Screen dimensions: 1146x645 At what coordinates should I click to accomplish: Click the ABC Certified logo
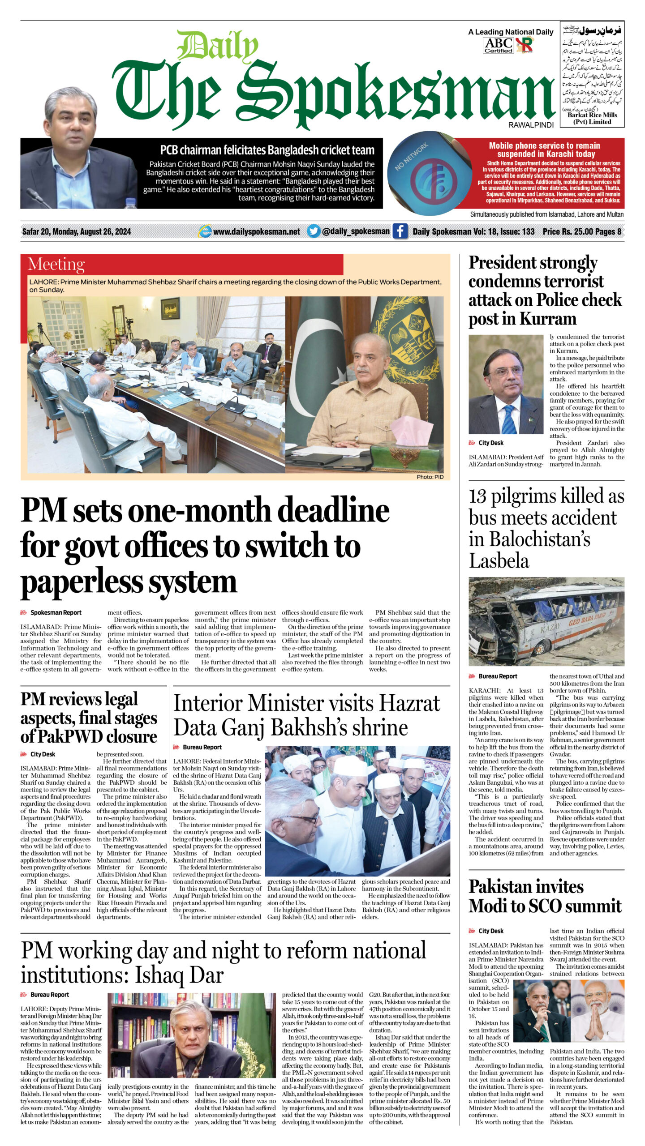(498, 45)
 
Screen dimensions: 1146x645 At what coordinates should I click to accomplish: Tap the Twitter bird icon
(314, 231)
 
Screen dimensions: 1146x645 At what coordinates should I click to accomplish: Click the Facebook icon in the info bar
(400, 231)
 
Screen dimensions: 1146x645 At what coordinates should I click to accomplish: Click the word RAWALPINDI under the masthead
(531, 125)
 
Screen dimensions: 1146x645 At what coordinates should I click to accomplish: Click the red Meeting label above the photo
(56, 265)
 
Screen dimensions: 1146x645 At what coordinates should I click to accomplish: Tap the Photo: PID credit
(430, 477)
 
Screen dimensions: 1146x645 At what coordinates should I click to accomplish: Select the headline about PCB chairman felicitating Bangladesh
(267, 150)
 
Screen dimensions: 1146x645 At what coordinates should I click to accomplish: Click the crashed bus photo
(546, 621)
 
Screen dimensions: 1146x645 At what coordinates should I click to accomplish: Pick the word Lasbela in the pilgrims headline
(499, 561)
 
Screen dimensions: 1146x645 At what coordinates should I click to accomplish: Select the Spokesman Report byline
(56, 612)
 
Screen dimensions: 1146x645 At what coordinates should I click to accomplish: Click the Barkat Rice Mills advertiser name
(592, 118)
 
